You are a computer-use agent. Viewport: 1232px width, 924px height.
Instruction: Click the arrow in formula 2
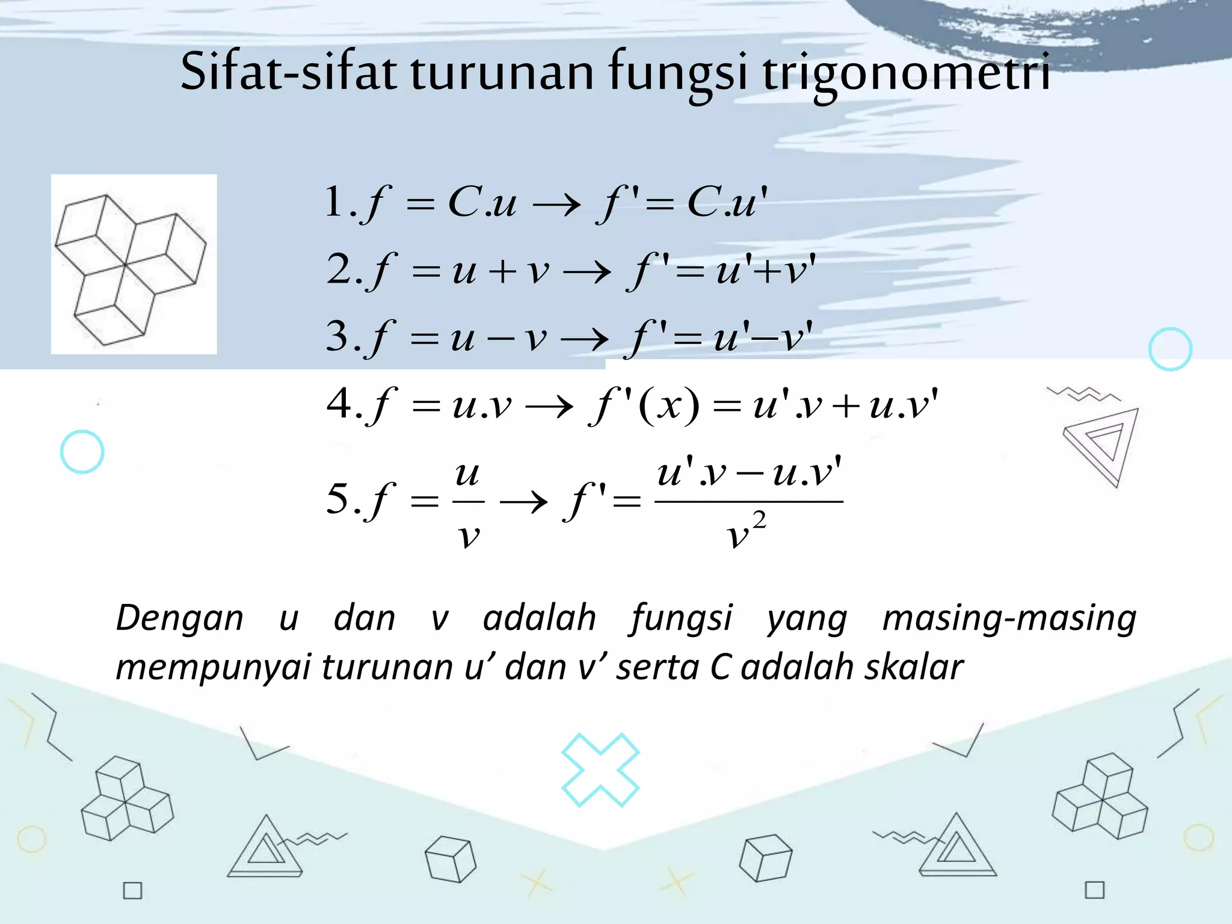(587, 273)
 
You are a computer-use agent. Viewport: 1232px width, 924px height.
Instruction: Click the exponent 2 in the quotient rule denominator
(759, 520)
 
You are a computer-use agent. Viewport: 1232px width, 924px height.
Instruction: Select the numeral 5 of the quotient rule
(337, 499)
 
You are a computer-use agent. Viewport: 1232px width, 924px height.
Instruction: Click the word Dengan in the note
(179, 618)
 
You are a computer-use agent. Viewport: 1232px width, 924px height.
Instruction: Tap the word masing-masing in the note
(1009, 618)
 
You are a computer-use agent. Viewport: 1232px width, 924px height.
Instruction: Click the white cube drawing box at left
(134, 264)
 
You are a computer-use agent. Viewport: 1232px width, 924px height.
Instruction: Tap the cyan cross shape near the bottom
(600, 769)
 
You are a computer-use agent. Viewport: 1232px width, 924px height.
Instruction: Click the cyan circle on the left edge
(82, 452)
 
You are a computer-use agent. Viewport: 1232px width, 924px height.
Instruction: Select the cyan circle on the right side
(1170, 349)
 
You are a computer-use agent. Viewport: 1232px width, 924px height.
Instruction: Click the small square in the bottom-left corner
(132, 890)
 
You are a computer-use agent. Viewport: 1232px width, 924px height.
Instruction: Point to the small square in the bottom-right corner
(1095, 890)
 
